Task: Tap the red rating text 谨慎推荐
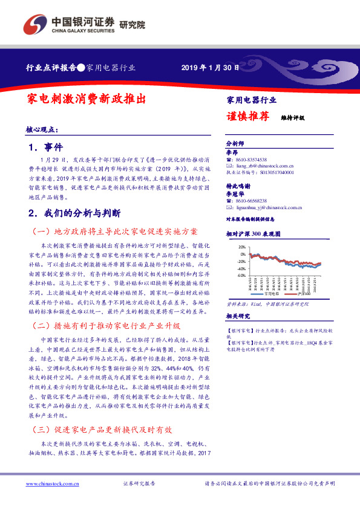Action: (248, 117)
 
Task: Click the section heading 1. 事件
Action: (45, 147)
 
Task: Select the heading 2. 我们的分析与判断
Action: (75, 213)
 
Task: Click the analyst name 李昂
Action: (232, 152)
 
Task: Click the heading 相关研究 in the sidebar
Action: (238, 317)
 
